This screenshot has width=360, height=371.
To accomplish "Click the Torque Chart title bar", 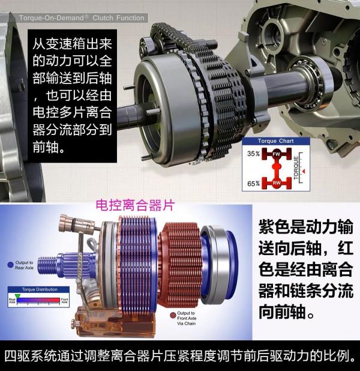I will pos(276,141).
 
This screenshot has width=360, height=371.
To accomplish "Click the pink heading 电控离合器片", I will pos(135,205).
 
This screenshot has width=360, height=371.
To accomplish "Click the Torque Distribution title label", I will pos(38,289).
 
